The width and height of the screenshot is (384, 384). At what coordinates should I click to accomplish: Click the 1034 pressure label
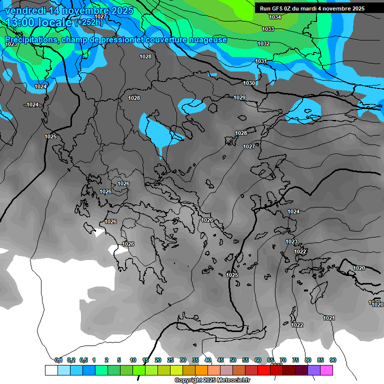click(275, 17)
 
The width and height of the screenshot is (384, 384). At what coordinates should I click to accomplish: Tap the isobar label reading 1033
click(268, 29)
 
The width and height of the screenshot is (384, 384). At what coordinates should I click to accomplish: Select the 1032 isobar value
click(263, 44)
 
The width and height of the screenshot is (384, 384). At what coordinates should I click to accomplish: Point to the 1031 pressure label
click(261, 61)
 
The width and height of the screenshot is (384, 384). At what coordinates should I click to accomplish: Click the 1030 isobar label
click(249, 83)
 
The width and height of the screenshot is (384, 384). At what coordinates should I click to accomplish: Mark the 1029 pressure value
click(239, 97)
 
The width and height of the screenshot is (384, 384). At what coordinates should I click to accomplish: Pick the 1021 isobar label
click(328, 318)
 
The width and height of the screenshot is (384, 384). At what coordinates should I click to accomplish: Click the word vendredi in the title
click(26, 10)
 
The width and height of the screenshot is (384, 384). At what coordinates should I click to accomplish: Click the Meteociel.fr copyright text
click(212, 380)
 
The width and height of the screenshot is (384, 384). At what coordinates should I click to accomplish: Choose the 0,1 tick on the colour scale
click(58, 360)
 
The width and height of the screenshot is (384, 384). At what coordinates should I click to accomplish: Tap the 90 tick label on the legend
click(333, 360)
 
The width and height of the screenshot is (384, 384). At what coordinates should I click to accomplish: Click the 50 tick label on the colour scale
click(233, 360)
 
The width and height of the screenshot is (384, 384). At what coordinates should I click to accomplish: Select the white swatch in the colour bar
click(51, 370)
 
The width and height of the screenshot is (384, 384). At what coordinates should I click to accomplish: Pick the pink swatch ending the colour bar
click(326, 370)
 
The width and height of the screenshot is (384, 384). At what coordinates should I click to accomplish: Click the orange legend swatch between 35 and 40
click(201, 370)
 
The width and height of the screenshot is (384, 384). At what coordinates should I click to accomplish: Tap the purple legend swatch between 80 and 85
click(314, 370)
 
